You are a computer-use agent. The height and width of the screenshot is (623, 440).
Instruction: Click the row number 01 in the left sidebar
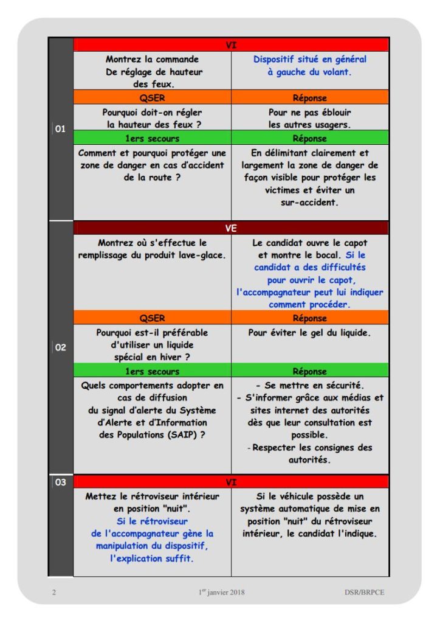pyautogui.click(x=60, y=129)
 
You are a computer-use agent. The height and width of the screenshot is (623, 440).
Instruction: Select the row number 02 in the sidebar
pyautogui.click(x=60, y=349)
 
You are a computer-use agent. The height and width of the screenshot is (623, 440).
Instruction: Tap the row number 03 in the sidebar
pyautogui.click(x=60, y=482)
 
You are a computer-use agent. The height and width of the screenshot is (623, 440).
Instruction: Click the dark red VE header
pyautogui.click(x=231, y=228)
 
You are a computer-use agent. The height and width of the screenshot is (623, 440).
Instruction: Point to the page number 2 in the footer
pyautogui.click(x=53, y=592)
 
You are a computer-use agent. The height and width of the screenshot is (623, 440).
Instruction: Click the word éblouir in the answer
pyautogui.click(x=334, y=113)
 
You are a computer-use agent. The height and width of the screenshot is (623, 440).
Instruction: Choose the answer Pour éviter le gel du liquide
pyautogui.click(x=309, y=333)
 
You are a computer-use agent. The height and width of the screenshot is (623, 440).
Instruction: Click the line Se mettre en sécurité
pyautogui.click(x=310, y=386)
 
